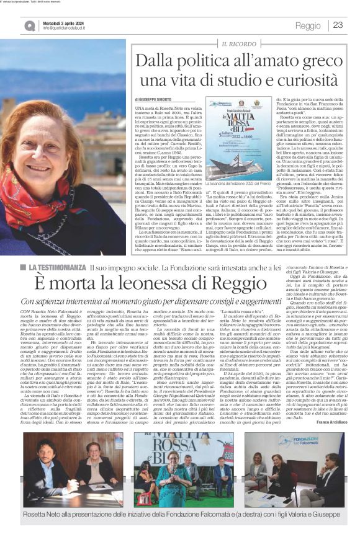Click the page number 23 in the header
point(338,25)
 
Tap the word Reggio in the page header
point(308,25)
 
